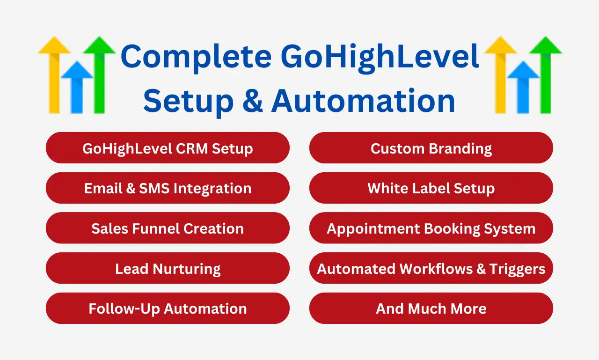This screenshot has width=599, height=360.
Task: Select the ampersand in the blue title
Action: [252, 100]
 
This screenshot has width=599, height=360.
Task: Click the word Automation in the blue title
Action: [363, 100]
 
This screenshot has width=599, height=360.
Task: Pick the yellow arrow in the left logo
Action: [54, 75]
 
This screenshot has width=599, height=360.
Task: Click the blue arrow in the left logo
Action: [77, 87]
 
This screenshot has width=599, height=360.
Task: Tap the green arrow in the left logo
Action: [99, 75]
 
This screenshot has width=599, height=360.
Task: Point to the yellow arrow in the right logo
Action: [500, 75]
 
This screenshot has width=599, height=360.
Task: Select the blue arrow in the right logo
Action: [523, 87]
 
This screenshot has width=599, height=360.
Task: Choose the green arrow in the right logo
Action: [546, 75]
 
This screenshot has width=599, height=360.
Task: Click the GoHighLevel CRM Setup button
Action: [168, 147]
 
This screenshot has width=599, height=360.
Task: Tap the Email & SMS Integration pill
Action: [168, 188]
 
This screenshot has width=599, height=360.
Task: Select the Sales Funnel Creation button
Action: [168, 228]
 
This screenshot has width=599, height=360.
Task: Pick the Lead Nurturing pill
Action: [168, 268]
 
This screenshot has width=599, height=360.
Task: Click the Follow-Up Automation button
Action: [168, 308]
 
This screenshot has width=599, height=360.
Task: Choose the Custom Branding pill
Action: [431, 147]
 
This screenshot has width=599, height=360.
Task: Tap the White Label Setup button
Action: [431, 188]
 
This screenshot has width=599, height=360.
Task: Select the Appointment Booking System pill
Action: [431, 228]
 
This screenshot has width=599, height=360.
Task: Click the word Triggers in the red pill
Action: [517, 269]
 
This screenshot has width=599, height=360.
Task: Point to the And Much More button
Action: [431, 308]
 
